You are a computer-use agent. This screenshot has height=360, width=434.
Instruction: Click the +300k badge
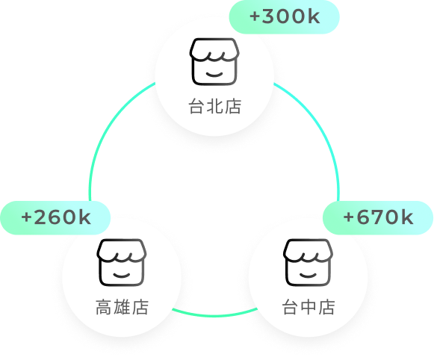[285, 17]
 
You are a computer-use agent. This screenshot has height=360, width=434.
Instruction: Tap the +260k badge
[55, 218]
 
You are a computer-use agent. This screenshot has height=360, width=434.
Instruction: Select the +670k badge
[378, 218]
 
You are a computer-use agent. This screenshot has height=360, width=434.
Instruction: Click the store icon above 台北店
[214, 61]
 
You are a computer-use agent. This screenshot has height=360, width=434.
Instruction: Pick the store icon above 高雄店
[122, 262]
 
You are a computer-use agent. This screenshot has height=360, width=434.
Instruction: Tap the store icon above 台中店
[308, 262]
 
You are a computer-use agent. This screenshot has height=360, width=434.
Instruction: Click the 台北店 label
[215, 106]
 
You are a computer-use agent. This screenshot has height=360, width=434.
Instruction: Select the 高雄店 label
[122, 307]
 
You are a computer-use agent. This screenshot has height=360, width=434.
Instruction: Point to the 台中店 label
[309, 307]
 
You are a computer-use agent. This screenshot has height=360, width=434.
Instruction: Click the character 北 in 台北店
[215, 106]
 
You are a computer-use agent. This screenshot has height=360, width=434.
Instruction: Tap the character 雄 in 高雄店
[122, 307]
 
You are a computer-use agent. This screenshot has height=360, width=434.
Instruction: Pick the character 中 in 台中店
[309, 307]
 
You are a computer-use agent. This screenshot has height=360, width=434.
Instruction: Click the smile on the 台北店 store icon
[214, 75]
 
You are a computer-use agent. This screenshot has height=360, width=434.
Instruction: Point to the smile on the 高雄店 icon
[122, 276]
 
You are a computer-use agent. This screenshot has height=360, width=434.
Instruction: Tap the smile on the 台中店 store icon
[308, 276]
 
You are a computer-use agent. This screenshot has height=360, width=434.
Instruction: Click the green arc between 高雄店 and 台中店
[214, 315]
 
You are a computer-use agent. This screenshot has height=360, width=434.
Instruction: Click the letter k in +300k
[314, 16]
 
